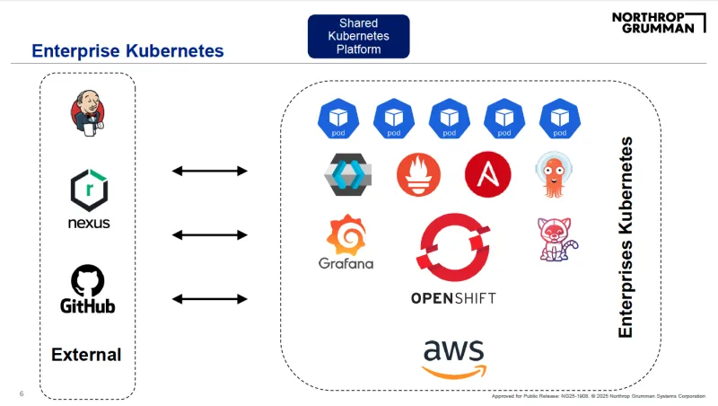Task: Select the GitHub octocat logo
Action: pos(88,279)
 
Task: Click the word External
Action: pos(86,354)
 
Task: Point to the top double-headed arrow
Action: pos(209,171)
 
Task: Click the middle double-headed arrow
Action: pos(209,234)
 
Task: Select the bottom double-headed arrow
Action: pos(209,298)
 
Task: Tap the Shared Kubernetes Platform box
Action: pos(358,36)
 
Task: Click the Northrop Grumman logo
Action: pos(652,22)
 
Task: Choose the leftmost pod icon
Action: pos(338,119)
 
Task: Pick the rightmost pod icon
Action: pos(558,119)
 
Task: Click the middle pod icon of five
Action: pos(449,119)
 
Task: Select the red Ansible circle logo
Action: pos(487,174)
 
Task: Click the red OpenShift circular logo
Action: pos(452,248)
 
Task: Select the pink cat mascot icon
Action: pos(556,239)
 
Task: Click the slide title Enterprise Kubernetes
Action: pos(127,51)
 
